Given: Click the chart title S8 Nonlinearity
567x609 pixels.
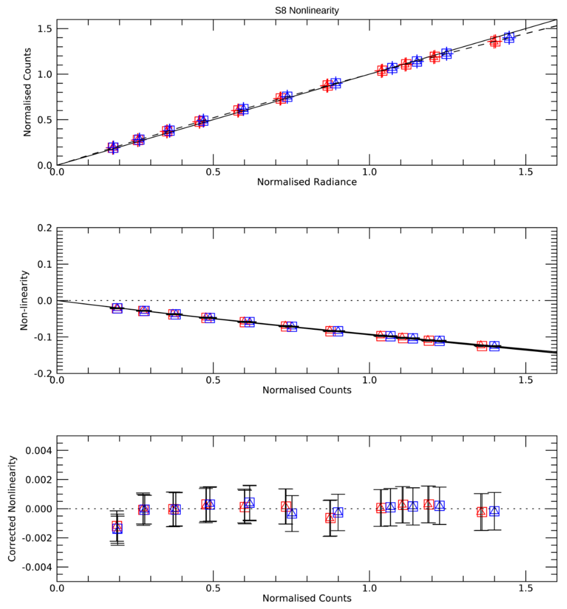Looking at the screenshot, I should click(307, 10).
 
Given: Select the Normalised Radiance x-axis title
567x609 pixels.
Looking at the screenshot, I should click(307, 182).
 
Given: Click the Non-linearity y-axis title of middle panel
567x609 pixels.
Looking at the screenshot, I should click(24, 300).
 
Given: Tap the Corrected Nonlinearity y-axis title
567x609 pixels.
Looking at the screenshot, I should click(12, 509).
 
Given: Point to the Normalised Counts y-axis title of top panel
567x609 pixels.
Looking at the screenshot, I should click(27, 92).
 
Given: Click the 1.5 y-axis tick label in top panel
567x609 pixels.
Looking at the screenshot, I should click(44, 29).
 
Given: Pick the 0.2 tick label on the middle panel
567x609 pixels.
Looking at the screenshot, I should click(44, 228).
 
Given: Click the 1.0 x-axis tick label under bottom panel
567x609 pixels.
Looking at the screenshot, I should click(369, 588).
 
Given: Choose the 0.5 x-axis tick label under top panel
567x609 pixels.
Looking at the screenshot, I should click(213, 172).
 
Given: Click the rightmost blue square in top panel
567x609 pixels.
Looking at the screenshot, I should click(509, 38).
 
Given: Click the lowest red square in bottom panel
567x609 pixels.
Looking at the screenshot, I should click(117, 526).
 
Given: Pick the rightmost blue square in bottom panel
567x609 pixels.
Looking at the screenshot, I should click(494, 511).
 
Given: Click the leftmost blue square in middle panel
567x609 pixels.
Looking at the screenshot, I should click(117, 308).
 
